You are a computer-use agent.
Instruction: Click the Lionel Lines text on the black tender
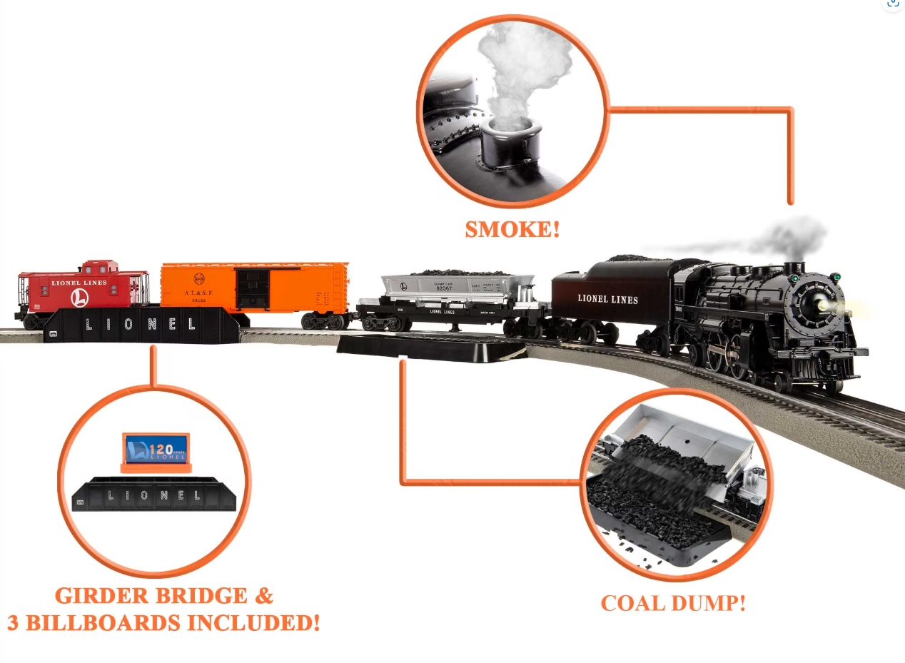click(x=607, y=299)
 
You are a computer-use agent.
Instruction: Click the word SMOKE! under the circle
click(x=512, y=230)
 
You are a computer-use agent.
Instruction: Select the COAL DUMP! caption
click(x=672, y=603)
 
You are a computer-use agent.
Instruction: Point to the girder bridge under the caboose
click(x=140, y=325)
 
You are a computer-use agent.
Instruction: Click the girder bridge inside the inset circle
click(x=153, y=495)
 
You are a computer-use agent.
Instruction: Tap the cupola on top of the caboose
click(x=100, y=268)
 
